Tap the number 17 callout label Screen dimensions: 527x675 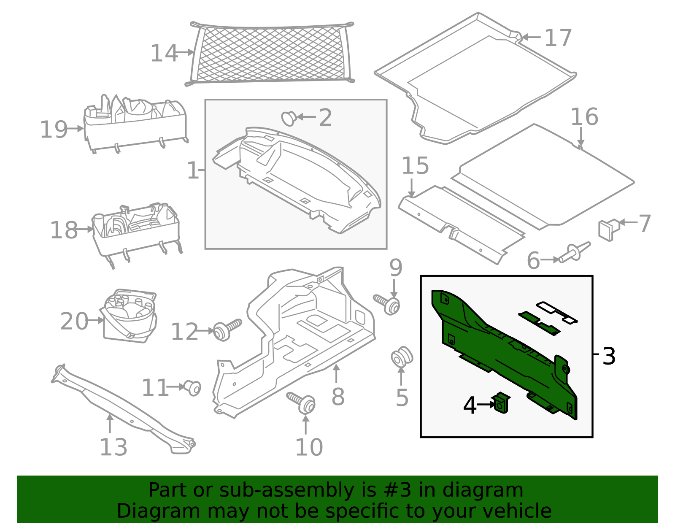click(558, 38)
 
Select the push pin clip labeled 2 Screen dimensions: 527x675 click(289, 118)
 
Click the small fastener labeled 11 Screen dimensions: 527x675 click(192, 387)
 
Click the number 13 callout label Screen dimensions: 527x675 click(113, 447)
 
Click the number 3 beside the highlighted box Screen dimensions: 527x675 click(609, 357)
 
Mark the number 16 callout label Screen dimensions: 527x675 click(584, 117)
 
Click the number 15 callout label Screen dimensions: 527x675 click(415, 166)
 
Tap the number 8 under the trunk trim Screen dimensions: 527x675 click(338, 397)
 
